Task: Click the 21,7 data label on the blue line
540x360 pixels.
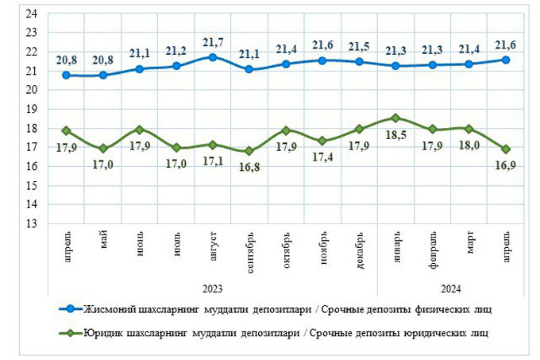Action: click(213, 41)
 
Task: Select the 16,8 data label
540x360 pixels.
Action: click(249, 168)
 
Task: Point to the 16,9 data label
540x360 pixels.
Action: click(506, 165)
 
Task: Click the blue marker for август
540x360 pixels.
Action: click(213, 57)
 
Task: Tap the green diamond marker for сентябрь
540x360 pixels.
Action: click(249, 151)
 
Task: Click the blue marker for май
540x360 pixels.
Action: click(103, 75)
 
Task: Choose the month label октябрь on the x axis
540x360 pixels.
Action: click(287, 251)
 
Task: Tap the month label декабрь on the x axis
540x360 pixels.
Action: click(360, 251)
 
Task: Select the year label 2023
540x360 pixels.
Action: click(213, 288)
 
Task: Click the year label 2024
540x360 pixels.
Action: click(451, 288)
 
